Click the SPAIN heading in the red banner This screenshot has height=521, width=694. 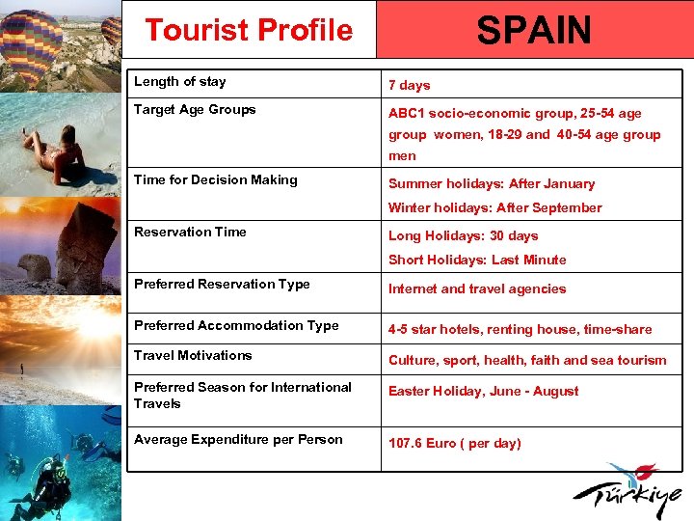coord(534,30)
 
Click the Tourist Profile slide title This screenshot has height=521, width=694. coord(249,30)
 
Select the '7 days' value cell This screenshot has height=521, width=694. coord(410,86)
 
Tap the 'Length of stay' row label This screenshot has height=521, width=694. coord(180,82)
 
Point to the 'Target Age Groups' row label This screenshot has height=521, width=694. coord(195,110)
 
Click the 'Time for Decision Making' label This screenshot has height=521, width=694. coord(216,180)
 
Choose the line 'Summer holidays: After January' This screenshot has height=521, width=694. coord(492,183)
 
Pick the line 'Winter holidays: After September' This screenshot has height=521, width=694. coord(494,207)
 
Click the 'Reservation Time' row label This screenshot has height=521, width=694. coord(190,233)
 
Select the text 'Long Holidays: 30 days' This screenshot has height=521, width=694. coord(463,235)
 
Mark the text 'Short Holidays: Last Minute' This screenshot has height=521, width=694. coord(477,260)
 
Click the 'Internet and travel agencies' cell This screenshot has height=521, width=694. coord(477,288)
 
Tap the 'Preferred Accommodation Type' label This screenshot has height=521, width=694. coord(236,326)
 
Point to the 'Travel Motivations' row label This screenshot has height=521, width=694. coord(193,356)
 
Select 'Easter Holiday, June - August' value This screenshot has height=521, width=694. coord(483,391)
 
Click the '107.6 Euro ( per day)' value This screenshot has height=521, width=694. coord(454,443)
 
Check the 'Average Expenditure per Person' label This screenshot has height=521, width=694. coord(238,440)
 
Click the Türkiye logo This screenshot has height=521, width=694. coord(631,492)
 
